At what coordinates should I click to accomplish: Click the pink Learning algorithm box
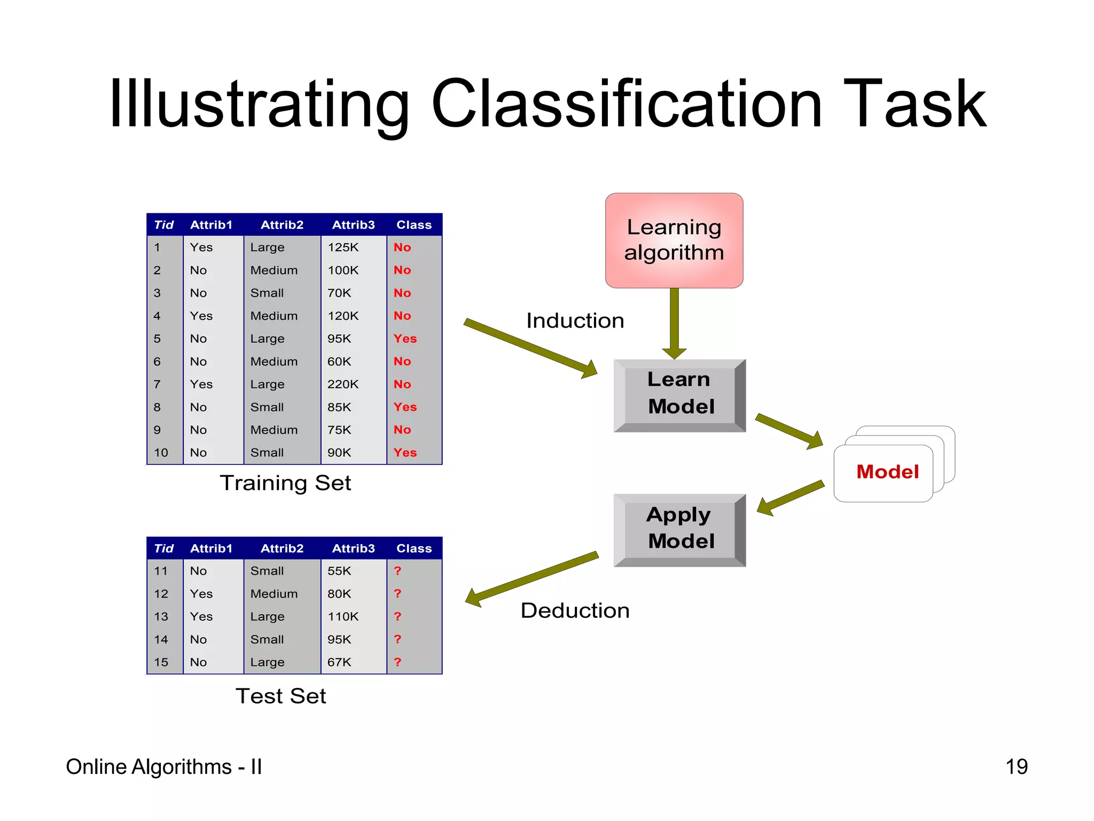tap(674, 240)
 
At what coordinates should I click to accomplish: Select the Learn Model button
tap(680, 394)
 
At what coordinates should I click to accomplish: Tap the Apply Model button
tap(680, 529)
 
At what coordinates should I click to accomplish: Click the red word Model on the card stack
tap(887, 472)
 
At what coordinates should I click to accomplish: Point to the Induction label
tap(575, 321)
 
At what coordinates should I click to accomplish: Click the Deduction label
tap(575, 610)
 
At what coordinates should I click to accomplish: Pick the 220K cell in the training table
tap(343, 384)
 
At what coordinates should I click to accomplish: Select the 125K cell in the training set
tap(343, 247)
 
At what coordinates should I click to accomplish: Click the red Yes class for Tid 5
tap(405, 339)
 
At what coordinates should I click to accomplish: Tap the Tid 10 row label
tap(161, 453)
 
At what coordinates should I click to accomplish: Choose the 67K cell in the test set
tap(339, 662)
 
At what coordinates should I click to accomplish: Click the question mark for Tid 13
tap(397, 616)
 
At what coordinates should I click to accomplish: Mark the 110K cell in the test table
tap(343, 617)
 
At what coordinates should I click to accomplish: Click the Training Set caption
tap(285, 483)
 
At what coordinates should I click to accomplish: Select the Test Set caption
tap(280, 696)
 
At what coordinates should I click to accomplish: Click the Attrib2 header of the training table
tap(282, 225)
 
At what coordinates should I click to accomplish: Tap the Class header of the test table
tap(413, 548)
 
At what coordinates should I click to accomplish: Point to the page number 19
tap(1016, 767)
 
